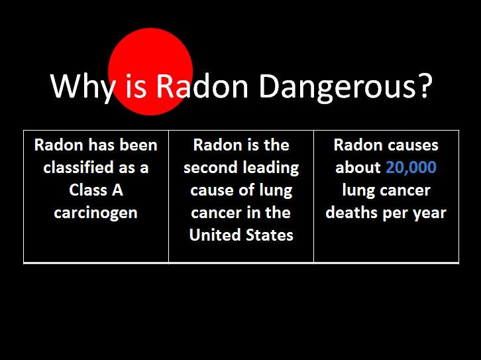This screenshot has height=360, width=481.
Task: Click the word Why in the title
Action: (81, 86)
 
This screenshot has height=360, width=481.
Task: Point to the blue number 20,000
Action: (411, 168)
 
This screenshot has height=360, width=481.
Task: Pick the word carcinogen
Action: (96, 213)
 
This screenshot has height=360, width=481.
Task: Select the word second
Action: (211, 168)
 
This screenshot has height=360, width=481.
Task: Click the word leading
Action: (272, 168)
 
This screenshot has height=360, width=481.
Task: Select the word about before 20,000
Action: (358, 168)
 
